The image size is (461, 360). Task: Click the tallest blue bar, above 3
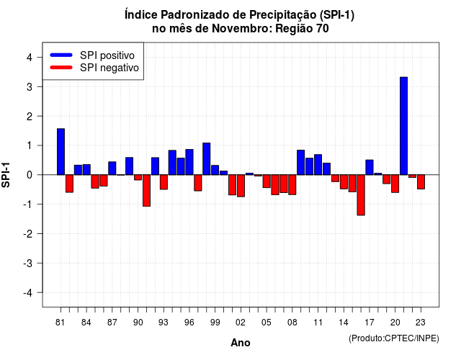tap(403, 126)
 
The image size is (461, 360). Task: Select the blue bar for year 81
tap(61, 152)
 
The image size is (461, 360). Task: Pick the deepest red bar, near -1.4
tap(361, 195)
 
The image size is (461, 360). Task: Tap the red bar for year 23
tap(421, 181)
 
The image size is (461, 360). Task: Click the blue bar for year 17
tap(370, 167)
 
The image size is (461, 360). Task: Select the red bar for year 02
tap(241, 186)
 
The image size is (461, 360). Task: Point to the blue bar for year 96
tap(189, 162)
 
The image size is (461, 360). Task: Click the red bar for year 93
tap(164, 182)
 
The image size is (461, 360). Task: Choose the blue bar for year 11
tap(318, 165)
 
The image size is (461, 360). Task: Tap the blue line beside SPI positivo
tap(61, 55)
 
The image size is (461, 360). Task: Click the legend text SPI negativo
tap(109, 68)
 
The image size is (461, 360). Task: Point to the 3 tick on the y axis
tap(40, 86)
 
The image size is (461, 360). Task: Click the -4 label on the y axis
tap(28, 293)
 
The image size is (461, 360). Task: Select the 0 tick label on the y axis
tap(30, 175)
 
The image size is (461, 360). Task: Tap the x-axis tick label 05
tap(266, 323)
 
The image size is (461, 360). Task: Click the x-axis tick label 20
tap(395, 323)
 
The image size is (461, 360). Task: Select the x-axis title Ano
tap(241, 343)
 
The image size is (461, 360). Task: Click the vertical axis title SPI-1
tap(6, 175)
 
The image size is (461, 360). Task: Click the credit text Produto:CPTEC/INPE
tap(394, 338)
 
